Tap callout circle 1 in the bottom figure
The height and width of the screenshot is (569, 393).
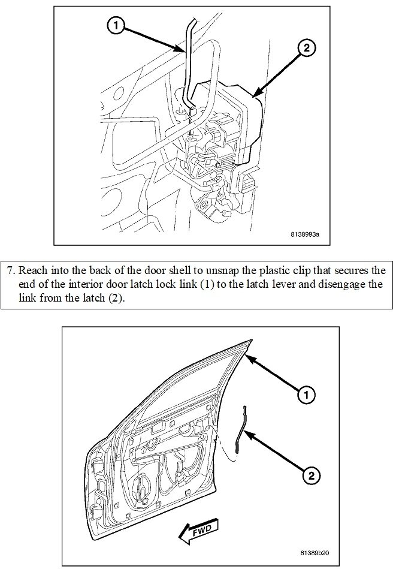click(x=306, y=395)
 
